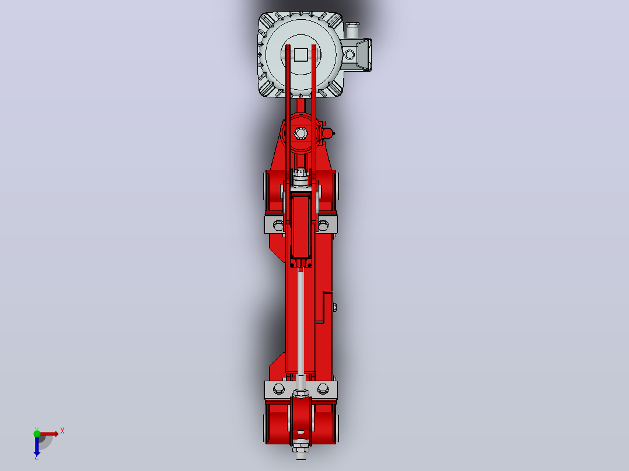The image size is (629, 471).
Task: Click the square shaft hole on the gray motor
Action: [x=301, y=55]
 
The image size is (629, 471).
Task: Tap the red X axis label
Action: [x=62, y=431]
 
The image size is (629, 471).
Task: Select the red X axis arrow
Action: [x=48, y=434]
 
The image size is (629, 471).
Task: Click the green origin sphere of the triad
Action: [x=37, y=434]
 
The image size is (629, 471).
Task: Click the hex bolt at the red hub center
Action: [x=300, y=133]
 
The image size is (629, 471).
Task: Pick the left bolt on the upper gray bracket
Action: [x=278, y=225]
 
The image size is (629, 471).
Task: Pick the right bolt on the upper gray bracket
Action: [x=323, y=225]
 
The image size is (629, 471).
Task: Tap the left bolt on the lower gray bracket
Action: [x=278, y=388]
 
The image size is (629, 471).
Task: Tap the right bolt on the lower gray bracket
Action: [x=323, y=388]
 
